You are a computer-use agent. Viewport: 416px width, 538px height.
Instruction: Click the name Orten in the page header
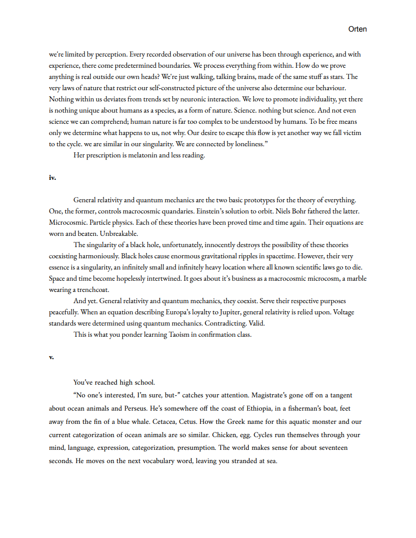pyautogui.click(x=357, y=29)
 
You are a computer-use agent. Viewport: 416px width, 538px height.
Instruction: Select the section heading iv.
pyautogui.click(x=52, y=178)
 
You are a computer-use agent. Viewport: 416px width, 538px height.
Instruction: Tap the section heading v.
pyautogui.click(x=51, y=357)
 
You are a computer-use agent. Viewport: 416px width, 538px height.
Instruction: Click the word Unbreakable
pyautogui.click(x=119, y=234)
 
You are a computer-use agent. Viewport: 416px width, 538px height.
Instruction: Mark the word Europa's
pyautogui.click(x=186, y=312)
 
